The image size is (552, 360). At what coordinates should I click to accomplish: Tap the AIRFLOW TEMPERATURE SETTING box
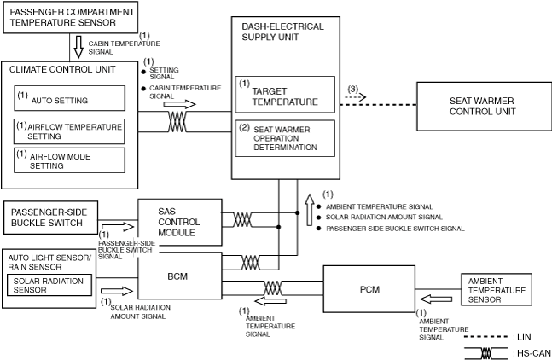click(69, 131)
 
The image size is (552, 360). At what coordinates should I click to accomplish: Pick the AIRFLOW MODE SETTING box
click(69, 160)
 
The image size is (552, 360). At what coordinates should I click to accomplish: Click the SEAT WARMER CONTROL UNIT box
click(482, 107)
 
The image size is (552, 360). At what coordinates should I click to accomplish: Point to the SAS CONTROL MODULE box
click(178, 220)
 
